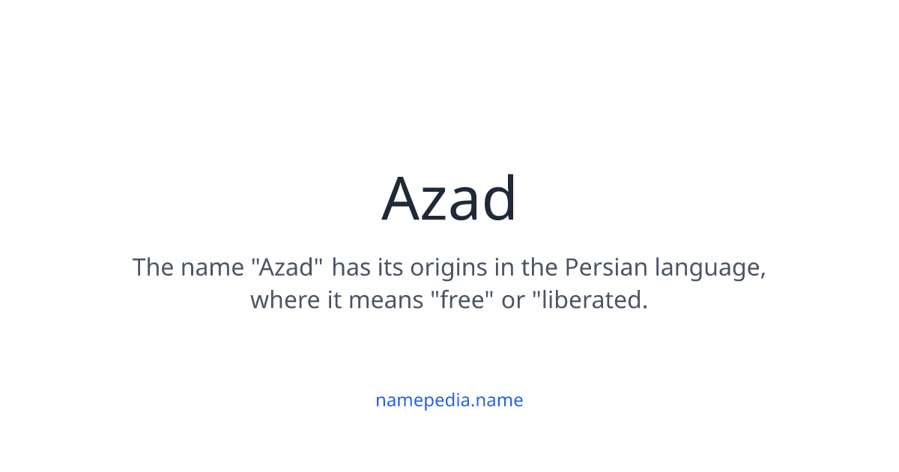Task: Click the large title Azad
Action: pos(449,199)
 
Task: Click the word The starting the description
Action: pos(153,267)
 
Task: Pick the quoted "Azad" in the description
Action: pos(288,267)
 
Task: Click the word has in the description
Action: pos(351,267)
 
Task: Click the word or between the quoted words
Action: pos(513,300)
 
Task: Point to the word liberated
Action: pos(593,300)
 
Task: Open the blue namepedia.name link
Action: pos(449,400)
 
